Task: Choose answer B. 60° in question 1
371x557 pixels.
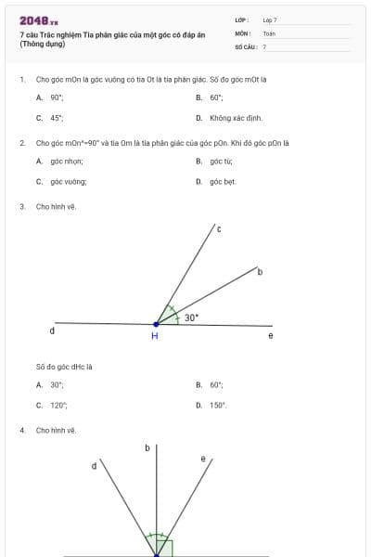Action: (x=211, y=97)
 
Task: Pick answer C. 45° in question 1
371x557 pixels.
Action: (x=50, y=118)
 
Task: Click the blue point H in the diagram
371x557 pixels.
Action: (x=156, y=324)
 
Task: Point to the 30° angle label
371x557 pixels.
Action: (x=190, y=317)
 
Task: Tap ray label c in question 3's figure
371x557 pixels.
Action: (x=219, y=228)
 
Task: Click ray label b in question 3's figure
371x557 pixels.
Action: (x=260, y=272)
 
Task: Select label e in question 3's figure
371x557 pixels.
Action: (x=271, y=335)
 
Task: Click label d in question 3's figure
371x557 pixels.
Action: (x=52, y=330)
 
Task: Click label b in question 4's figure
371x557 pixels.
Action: (x=147, y=448)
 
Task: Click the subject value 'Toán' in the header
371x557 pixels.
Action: (x=269, y=32)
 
